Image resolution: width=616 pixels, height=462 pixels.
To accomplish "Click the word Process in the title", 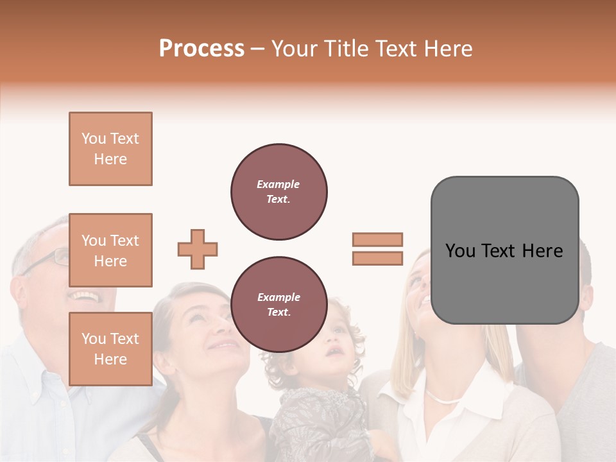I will tap(201, 49).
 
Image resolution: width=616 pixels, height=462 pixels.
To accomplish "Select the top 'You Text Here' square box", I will tap(110, 149).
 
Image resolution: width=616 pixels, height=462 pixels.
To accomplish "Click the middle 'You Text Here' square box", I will tap(110, 250).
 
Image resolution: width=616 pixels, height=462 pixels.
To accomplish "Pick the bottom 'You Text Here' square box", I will tap(110, 348).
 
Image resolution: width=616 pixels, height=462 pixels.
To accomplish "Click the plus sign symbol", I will tap(198, 249).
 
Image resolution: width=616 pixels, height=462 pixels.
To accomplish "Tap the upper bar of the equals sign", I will tap(377, 239).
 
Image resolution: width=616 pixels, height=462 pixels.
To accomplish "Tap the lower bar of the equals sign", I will tap(377, 258).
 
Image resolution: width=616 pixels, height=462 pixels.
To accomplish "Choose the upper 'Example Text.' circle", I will tap(278, 192).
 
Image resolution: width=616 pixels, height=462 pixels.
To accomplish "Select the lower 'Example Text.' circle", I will tap(278, 305).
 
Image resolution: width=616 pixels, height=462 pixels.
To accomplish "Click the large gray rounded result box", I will tap(504, 250).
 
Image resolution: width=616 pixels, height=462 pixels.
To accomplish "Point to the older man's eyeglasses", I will tap(51, 259).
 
